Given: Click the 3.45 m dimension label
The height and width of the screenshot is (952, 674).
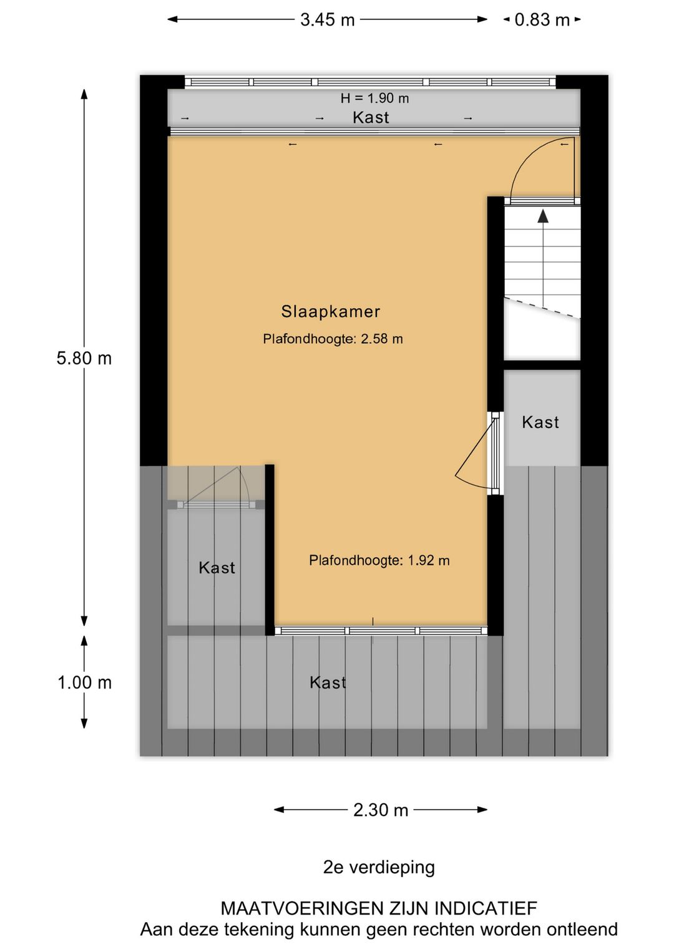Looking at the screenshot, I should point(327,20).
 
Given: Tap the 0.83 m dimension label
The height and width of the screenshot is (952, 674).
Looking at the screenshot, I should point(542,20).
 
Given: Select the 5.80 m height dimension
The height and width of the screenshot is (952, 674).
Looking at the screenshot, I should point(84,358).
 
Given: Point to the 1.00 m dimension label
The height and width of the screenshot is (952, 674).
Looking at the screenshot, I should point(84,682).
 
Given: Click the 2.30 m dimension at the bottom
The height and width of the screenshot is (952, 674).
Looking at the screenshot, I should point(381,810).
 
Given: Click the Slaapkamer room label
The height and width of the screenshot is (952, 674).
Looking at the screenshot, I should point(330,311).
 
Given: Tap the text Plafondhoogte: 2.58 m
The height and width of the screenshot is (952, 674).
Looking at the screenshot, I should point(333,339).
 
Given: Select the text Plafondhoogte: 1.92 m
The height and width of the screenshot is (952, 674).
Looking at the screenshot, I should point(379,560).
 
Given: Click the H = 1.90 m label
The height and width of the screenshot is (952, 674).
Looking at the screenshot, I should point(374,98).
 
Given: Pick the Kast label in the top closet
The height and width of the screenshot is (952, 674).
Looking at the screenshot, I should point(371,117).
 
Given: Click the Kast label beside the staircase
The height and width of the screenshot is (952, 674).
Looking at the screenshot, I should point(540,422).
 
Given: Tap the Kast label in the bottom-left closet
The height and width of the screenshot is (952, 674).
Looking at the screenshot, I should point(217,568).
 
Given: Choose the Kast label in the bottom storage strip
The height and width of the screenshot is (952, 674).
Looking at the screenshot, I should point(328,682).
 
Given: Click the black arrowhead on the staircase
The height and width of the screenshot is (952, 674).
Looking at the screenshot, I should point(543,216).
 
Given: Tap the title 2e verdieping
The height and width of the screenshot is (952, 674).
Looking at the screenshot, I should point(379,867).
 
